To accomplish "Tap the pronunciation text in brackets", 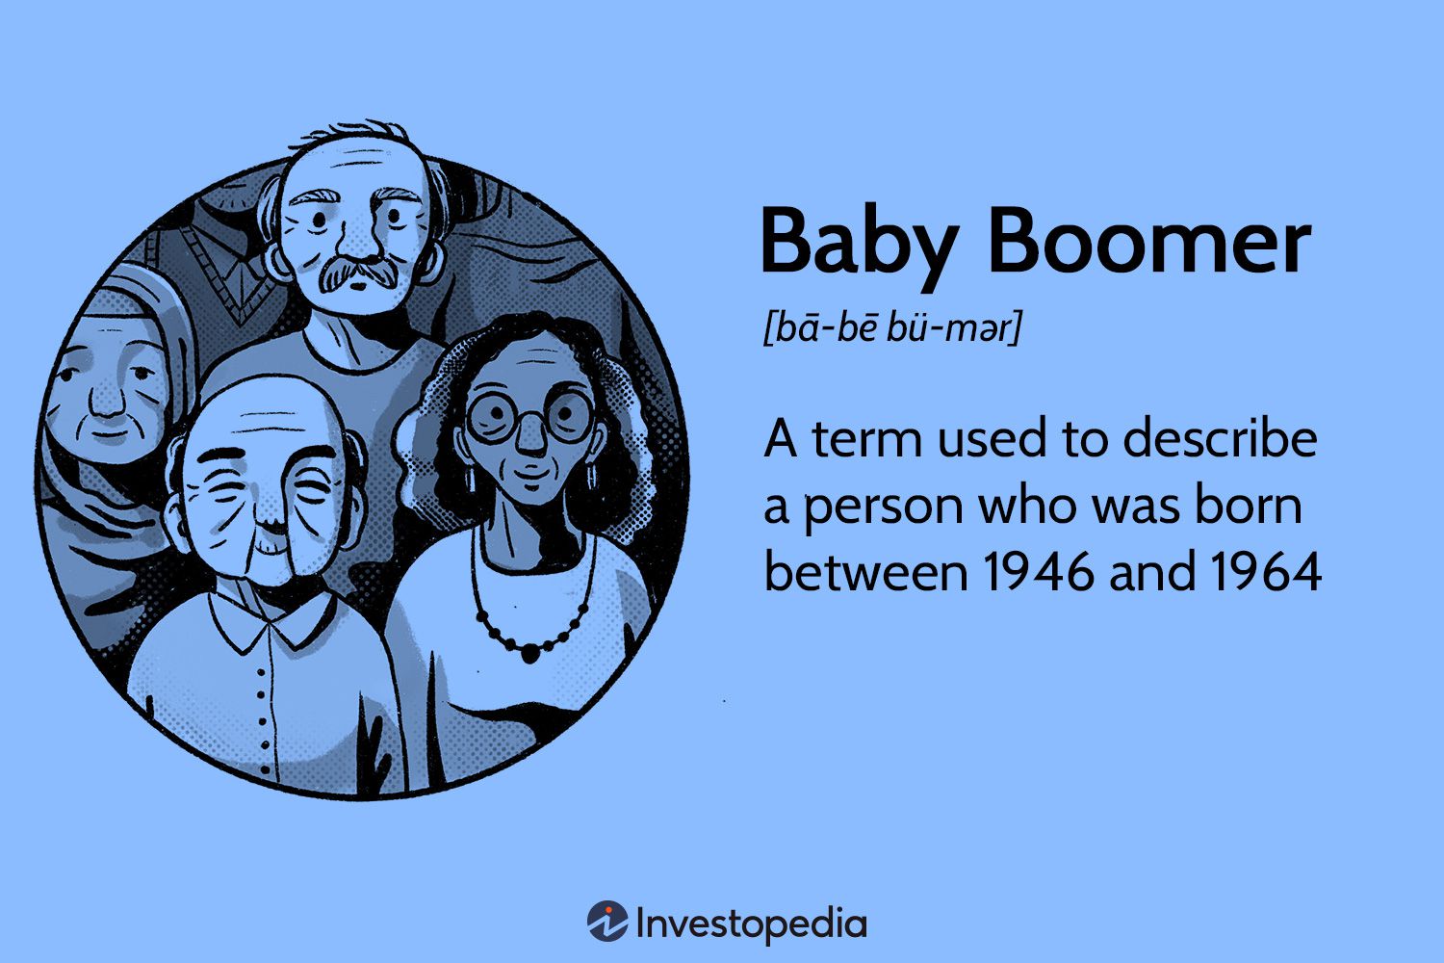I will (x=890, y=329).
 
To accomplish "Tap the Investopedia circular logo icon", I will (x=607, y=923).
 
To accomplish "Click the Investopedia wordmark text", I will (x=751, y=924).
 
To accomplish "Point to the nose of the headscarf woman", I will (x=109, y=402).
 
